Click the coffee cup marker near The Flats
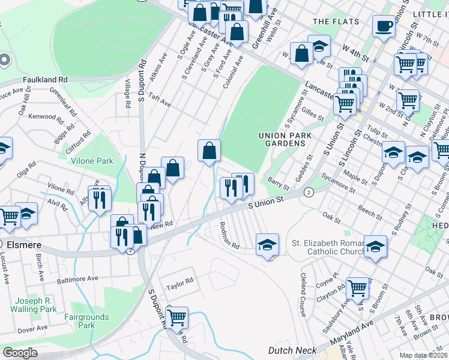[384, 26]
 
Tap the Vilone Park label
[92, 161]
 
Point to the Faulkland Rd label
[45, 79]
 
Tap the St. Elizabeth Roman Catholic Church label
[327, 248]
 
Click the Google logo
[20, 353]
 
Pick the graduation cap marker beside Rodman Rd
[268, 244]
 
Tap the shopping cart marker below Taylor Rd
[176, 317]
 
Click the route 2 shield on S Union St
[309, 192]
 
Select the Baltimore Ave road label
[77, 279]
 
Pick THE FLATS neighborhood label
[336, 22]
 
